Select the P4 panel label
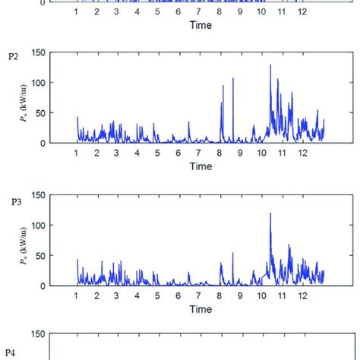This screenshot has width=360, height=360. coord(12,352)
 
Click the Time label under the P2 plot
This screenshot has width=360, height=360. coord(201,166)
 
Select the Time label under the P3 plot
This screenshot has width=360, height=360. coord(201,309)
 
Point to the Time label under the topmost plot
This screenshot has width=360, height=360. coord(201,25)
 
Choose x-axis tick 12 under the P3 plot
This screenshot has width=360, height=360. coord(302,296)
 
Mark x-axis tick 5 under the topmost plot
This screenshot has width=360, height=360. coord(158,13)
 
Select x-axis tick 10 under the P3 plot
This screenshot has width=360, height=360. coord(261,296)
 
